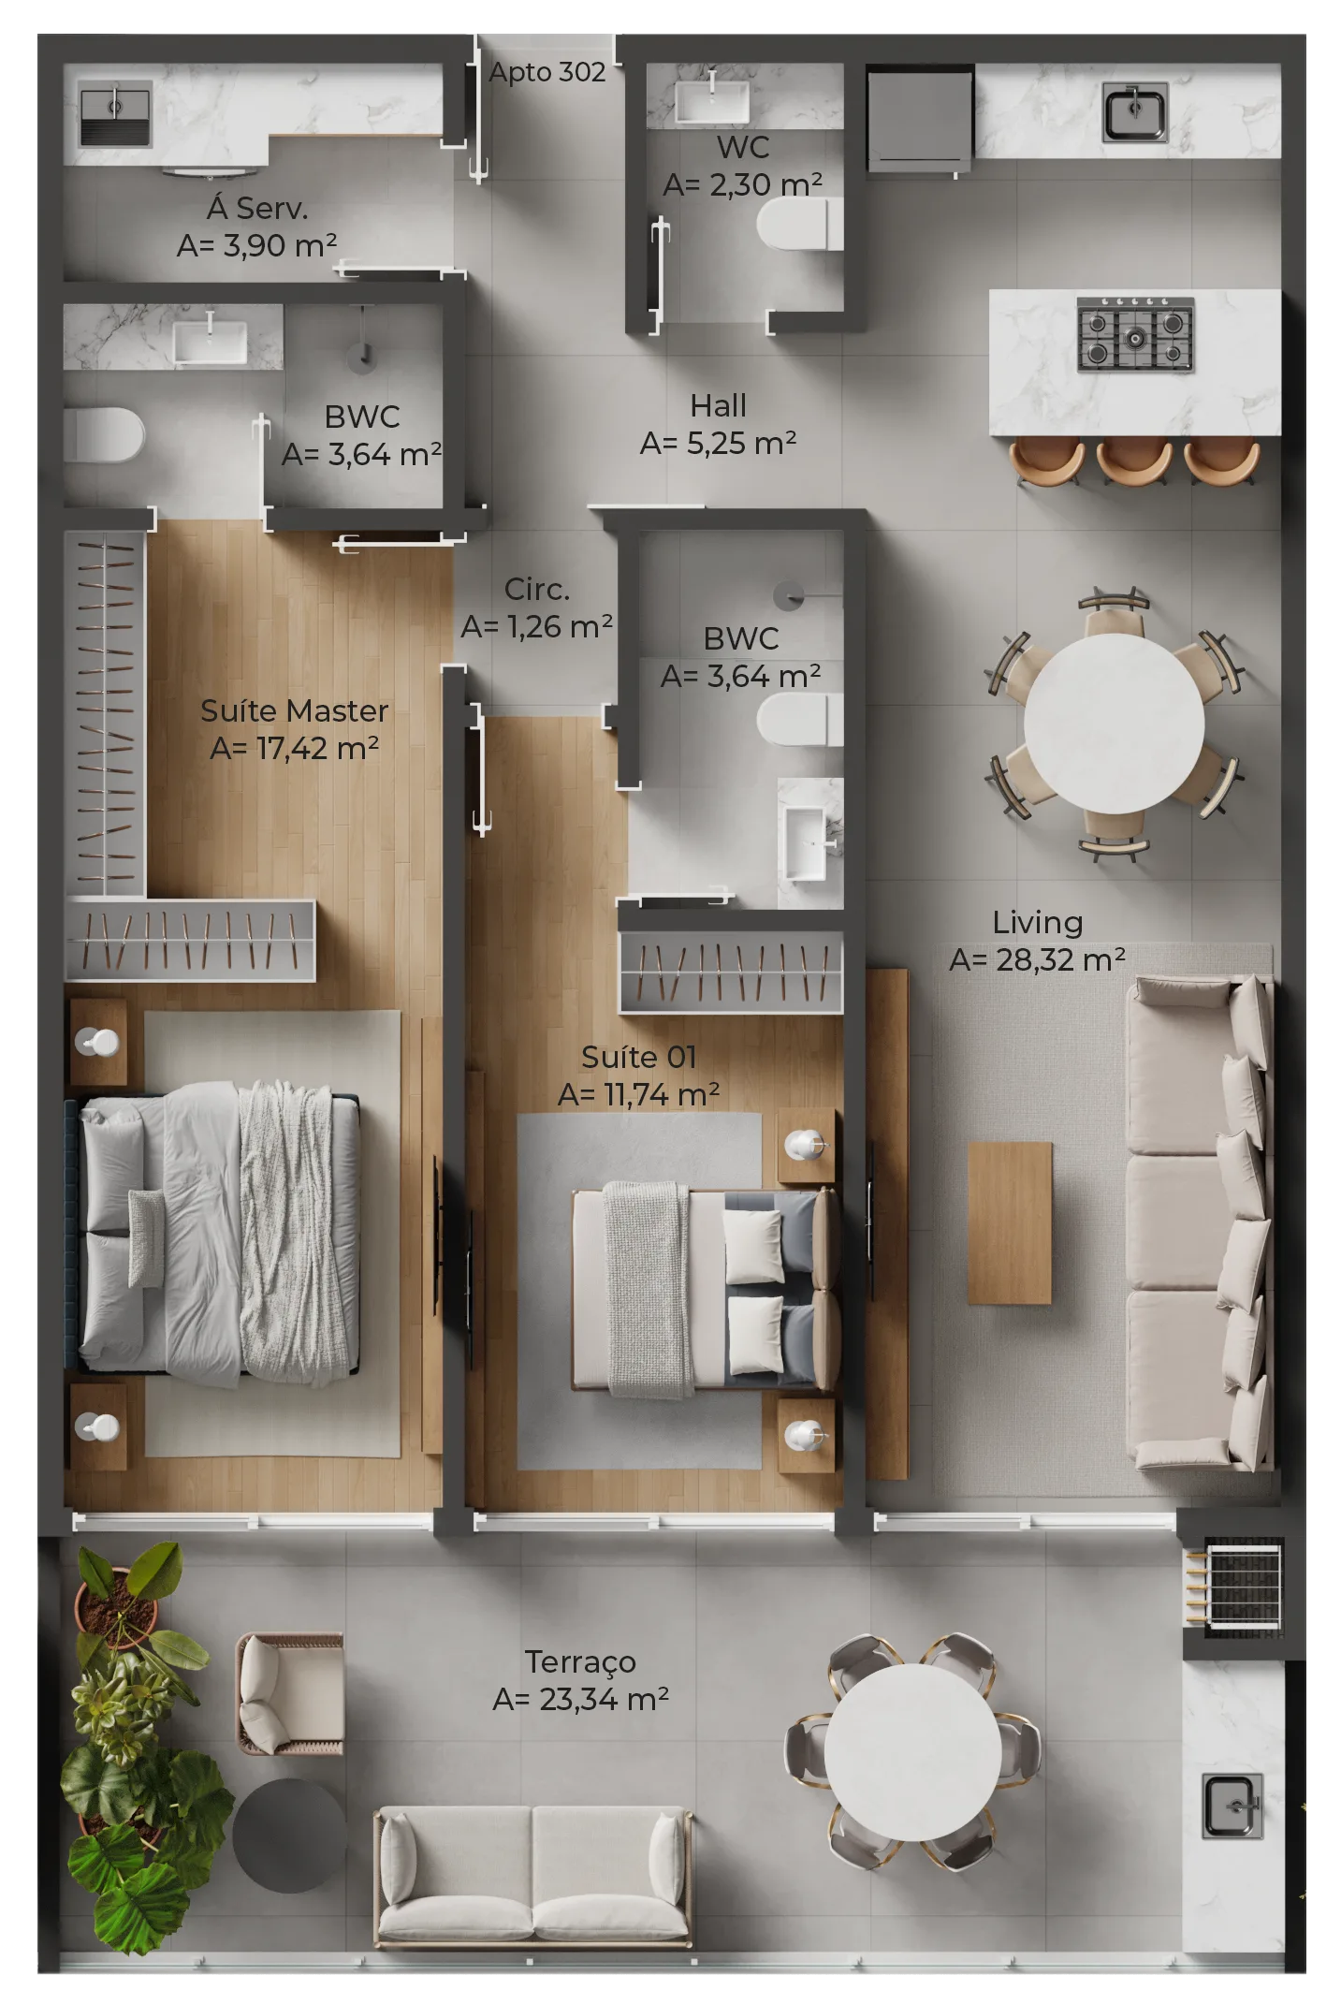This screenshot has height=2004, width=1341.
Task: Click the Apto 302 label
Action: pyautogui.click(x=547, y=72)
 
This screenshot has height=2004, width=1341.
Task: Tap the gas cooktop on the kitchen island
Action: pyautogui.click(x=1134, y=334)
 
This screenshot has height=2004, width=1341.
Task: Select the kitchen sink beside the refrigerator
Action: pyautogui.click(x=1134, y=112)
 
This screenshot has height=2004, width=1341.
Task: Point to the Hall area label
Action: pyautogui.click(x=718, y=406)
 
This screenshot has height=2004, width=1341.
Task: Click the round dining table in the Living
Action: pyautogui.click(x=1114, y=723)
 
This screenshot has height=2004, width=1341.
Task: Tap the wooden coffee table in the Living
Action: pyautogui.click(x=1009, y=1222)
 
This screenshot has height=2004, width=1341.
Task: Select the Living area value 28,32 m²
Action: pyautogui.click(x=1037, y=959)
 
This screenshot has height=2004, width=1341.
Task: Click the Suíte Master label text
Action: pyautogui.click(x=294, y=711)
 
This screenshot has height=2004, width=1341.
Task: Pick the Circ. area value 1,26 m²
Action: pyautogui.click(x=537, y=626)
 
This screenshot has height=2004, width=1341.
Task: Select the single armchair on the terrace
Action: pyautogui.click(x=289, y=1692)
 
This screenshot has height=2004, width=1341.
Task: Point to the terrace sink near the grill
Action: pyautogui.click(x=1232, y=1805)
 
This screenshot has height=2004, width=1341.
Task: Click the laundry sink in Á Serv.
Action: pyautogui.click(x=114, y=115)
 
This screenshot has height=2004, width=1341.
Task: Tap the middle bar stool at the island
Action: pyautogui.click(x=1133, y=460)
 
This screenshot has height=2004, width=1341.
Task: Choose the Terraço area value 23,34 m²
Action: pyautogui.click(x=580, y=1699)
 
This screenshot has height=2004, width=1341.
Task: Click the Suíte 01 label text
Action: pyautogui.click(x=638, y=1058)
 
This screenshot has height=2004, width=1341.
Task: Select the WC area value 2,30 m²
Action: pyautogui.click(x=743, y=185)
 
